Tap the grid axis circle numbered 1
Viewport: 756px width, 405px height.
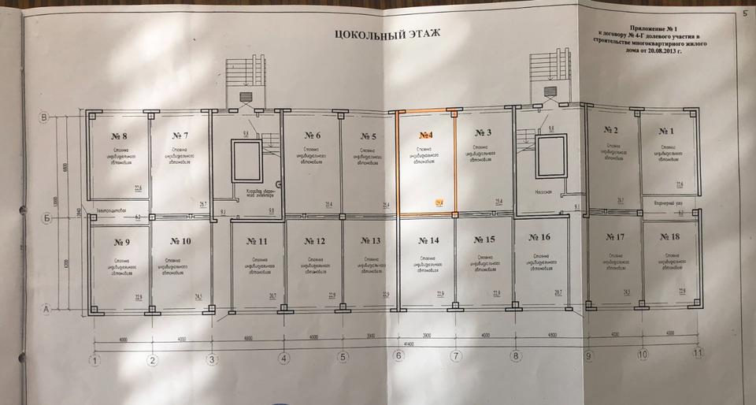pos(95,362)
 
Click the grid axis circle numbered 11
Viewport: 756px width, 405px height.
pos(696,354)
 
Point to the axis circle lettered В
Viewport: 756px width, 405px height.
pos(46,118)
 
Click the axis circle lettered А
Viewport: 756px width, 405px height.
pos(46,309)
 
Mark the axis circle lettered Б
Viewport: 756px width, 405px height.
pos(46,220)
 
